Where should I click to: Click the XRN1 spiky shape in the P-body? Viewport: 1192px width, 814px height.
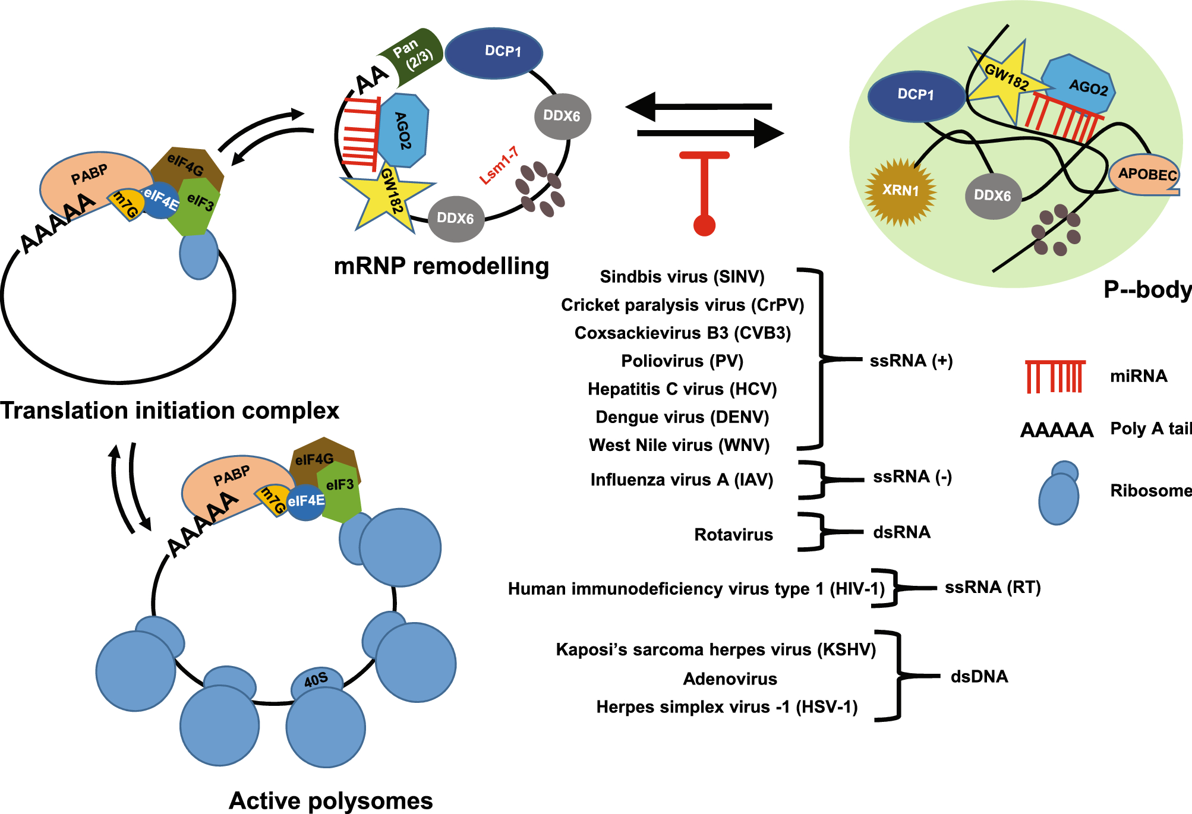pos(900,191)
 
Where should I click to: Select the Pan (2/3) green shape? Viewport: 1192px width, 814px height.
pos(413,55)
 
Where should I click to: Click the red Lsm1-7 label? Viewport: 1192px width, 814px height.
pos(499,165)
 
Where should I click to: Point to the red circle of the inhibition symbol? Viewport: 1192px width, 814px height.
pos(704,225)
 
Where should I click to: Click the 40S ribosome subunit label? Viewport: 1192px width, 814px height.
pos(316,679)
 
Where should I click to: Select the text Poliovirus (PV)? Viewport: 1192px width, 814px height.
pos(682,361)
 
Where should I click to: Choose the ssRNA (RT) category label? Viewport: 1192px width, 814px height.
pos(992,588)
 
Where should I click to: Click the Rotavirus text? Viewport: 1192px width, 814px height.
pos(733,535)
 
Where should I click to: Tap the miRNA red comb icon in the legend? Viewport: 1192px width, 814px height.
pos(1055,377)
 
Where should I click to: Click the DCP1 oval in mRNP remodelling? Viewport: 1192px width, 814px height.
pos(494,52)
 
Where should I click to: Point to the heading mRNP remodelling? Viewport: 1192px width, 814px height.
pos(441,266)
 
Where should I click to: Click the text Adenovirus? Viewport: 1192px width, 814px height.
pos(730,679)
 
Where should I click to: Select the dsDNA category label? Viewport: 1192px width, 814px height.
pos(979,677)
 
